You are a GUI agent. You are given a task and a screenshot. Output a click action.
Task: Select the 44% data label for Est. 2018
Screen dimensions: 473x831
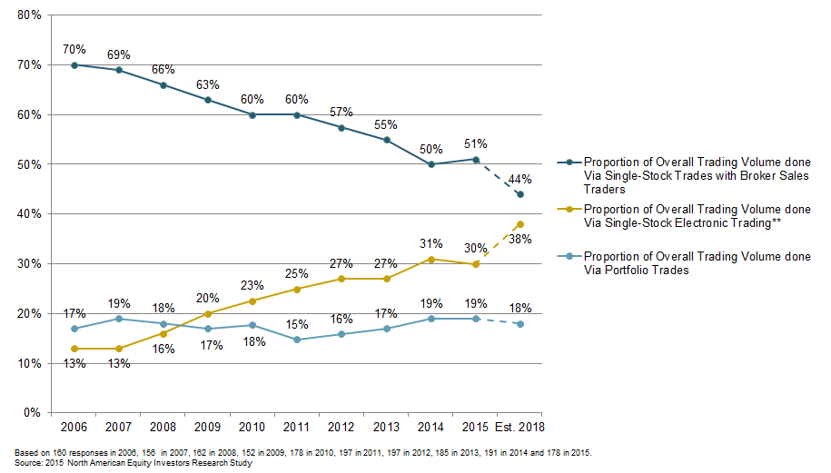[x=520, y=179]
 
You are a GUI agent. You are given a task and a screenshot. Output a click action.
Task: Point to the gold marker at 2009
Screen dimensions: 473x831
[x=209, y=313]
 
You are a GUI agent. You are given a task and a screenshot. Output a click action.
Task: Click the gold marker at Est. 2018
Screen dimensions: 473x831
[x=520, y=224]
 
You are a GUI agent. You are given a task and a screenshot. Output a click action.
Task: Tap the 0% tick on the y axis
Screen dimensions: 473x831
[x=32, y=412]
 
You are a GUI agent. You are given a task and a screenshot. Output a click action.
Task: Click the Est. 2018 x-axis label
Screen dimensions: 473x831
[x=520, y=427]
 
